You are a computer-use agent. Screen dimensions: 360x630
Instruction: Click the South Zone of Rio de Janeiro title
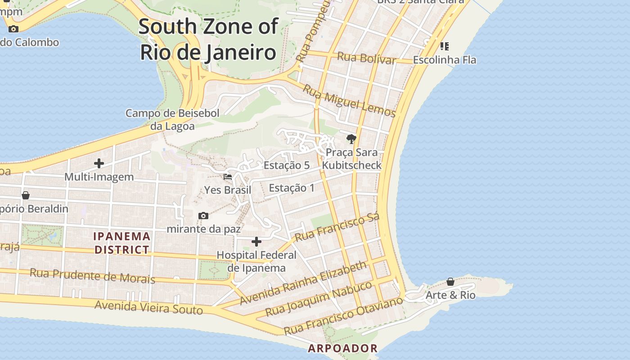click(x=208, y=40)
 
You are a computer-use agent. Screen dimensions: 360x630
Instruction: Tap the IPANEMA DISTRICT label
click(x=122, y=243)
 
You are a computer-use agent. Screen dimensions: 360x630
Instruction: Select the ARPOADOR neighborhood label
click(x=343, y=348)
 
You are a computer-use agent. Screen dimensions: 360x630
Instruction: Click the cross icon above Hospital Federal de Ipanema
click(x=256, y=242)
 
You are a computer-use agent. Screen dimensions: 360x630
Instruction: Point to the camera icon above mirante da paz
click(x=203, y=216)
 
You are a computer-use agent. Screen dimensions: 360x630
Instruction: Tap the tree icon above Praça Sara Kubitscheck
click(x=351, y=139)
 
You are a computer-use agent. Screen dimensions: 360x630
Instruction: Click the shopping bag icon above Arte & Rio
click(x=450, y=282)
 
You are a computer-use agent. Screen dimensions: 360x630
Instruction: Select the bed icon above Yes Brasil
click(x=228, y=177)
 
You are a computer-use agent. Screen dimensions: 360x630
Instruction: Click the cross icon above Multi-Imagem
click(x=99, y=163)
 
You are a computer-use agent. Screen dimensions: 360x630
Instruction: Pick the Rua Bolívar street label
click(x=366, y=58)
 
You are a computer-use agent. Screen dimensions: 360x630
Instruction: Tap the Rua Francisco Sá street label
click(x=337, y=227)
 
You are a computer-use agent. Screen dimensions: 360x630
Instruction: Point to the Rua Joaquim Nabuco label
click(x=319, y=299)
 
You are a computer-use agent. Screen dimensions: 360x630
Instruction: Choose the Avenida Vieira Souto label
click(x=148, y=308)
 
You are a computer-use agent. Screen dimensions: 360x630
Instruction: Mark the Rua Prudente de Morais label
click(x=92, y=276)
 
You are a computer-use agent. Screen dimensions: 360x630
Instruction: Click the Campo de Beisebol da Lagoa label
click(x=172, y=119)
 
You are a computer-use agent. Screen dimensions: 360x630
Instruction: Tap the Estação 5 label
click(x=287, y=165)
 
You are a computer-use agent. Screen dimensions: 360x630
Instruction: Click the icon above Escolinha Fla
click(x=445, y=46)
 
